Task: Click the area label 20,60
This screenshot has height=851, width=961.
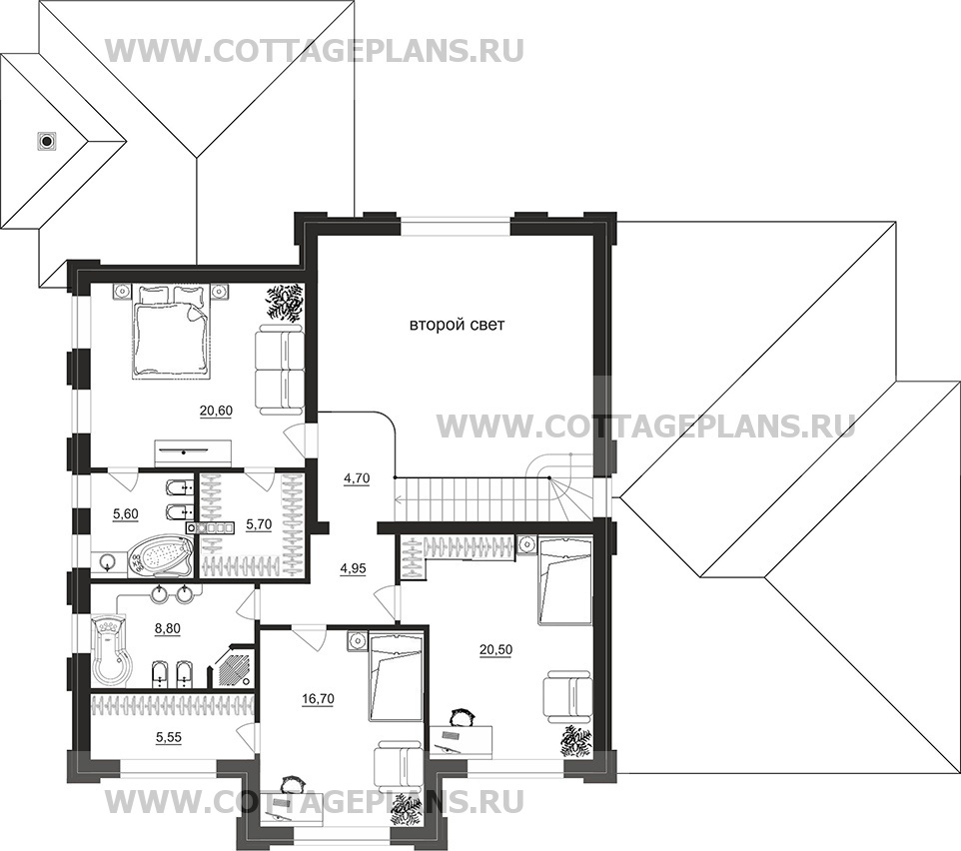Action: (x=217, y=410)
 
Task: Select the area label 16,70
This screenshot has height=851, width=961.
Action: (x=317, y=699)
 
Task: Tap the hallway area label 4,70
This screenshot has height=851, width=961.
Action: (x=357, y=478)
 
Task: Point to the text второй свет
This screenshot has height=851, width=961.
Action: (x=458, y=325)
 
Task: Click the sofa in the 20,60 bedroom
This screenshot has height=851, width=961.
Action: (x=279, y=369)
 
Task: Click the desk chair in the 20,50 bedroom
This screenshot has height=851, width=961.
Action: (x=460, y=717)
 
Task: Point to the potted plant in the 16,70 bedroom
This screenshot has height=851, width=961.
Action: (x=405, y=808)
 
